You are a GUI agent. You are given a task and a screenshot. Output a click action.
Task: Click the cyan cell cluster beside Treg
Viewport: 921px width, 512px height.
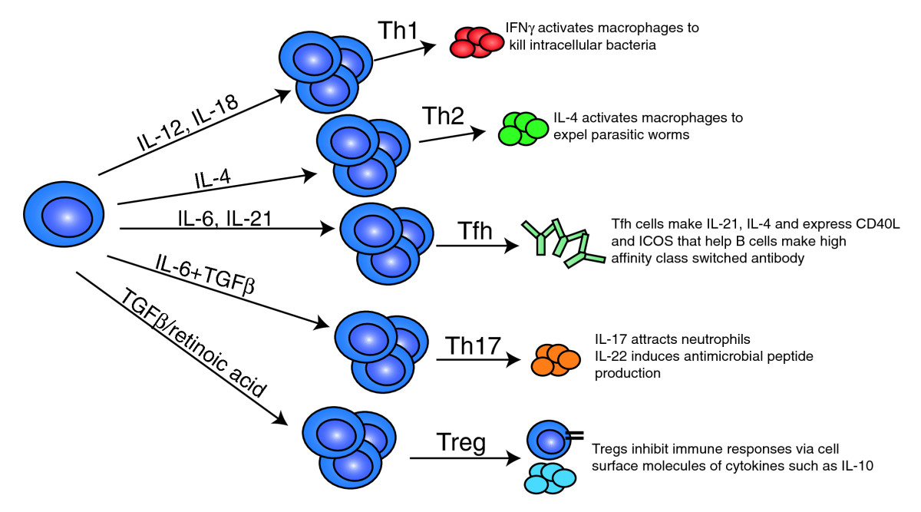click(550, 478)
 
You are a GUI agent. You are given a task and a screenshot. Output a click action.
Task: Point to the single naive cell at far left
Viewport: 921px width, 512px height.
click(67, 217)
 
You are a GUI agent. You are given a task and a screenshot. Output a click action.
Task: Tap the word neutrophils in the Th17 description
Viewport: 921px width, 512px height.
click(688, 339)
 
